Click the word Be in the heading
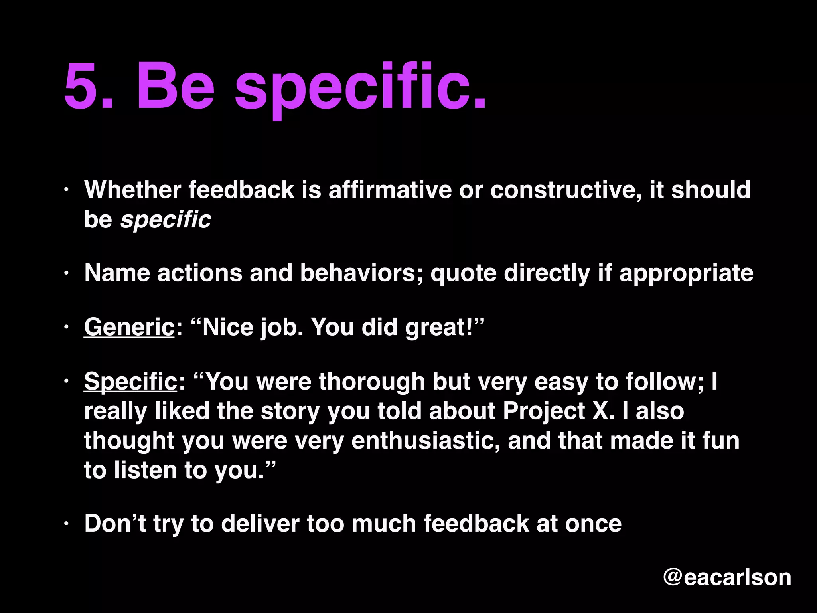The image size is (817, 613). coord(176,86)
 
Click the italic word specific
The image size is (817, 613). coord(166,219)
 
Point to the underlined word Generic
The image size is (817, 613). coord(129,327)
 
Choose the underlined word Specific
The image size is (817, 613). coord(130,381)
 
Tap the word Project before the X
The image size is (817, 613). coord(543,411)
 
